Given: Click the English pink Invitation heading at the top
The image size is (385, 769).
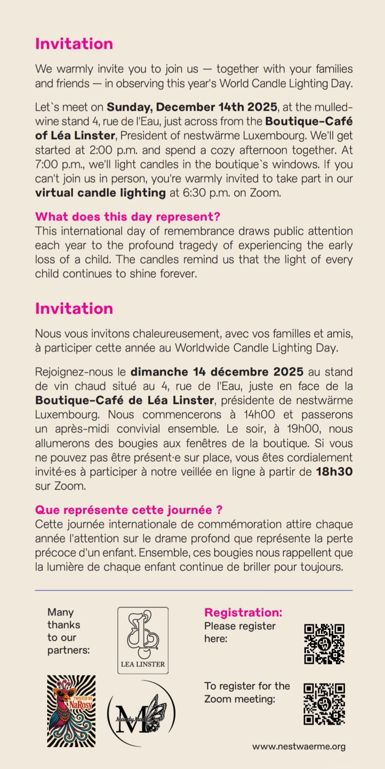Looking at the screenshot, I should (x=74, y=44).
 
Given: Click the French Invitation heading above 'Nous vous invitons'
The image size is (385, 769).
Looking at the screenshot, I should (x=74, y=309).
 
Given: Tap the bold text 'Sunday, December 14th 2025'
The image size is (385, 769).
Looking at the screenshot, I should (x=192, y=107).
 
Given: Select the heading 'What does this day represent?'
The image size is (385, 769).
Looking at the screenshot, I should (x=128, y=217).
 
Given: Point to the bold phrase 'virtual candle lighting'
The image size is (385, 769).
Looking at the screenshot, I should (x=100, y=193).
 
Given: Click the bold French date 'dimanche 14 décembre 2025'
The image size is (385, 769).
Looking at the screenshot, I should (x=217, y=372).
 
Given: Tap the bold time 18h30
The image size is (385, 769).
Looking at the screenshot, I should (x=334, y=472).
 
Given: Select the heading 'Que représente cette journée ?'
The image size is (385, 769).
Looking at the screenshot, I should (x=129, y=510).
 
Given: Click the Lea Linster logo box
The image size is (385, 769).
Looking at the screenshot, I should (x=143, y=640).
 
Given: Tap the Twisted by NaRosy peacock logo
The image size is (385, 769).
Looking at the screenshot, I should (x=71, y=711).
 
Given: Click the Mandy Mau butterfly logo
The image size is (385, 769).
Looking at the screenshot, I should (x=141, y=713).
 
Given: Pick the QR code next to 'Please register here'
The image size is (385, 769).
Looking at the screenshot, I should (x=324, y=644).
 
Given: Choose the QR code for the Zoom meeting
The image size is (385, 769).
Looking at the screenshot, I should (x=324, y=704).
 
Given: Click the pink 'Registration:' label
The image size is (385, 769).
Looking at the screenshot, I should (x=243, y=612).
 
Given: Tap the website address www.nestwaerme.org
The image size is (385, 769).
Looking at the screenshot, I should (x=299, y=747).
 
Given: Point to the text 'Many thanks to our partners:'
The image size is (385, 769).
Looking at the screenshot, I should (x=68, y=631).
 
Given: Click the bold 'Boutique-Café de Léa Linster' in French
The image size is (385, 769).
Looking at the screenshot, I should (x=125, y=400).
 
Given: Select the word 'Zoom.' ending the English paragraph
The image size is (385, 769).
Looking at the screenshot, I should (x=265, y=193).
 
